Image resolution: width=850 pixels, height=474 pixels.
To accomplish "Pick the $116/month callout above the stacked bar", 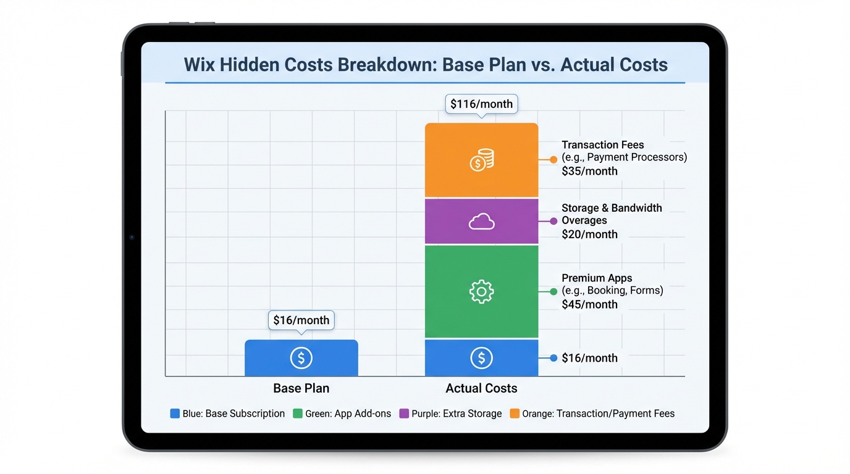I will click(481, 104).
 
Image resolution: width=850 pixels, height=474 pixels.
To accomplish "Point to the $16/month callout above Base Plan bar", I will click(301, 320).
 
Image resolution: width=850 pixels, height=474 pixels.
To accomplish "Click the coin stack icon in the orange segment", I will click(481, 160).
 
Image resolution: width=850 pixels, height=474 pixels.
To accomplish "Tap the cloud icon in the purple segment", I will click(481, 222).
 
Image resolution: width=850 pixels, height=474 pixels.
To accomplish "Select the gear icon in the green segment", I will click(481, 291).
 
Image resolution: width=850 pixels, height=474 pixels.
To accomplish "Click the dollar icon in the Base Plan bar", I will click(301, 358).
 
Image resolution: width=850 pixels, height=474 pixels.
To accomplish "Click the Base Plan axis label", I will click(301, 388).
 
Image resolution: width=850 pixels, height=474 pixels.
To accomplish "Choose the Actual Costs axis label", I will click(481, 388).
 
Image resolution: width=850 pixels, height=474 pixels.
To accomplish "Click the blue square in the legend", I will click(175, 414).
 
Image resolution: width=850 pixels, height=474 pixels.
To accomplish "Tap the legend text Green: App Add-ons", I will click(348, 414).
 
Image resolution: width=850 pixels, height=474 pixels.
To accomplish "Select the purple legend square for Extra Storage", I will click(404, 414).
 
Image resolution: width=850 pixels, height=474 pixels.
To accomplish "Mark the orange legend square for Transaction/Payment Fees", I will click(515, 414).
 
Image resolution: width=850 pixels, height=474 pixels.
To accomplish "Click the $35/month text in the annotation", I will click(589, 171).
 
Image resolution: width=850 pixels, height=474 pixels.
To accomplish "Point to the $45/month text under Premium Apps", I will click(589, 304).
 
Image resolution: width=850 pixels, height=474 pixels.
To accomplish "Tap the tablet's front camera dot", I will click(132, 237).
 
